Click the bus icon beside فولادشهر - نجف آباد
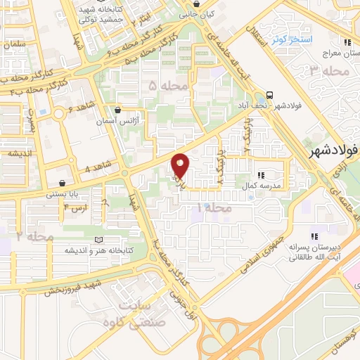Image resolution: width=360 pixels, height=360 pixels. [269, 96]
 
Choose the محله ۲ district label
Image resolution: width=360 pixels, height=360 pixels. [34, 237]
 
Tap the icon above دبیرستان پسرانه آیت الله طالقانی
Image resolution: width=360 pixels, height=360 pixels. [314, 236]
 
